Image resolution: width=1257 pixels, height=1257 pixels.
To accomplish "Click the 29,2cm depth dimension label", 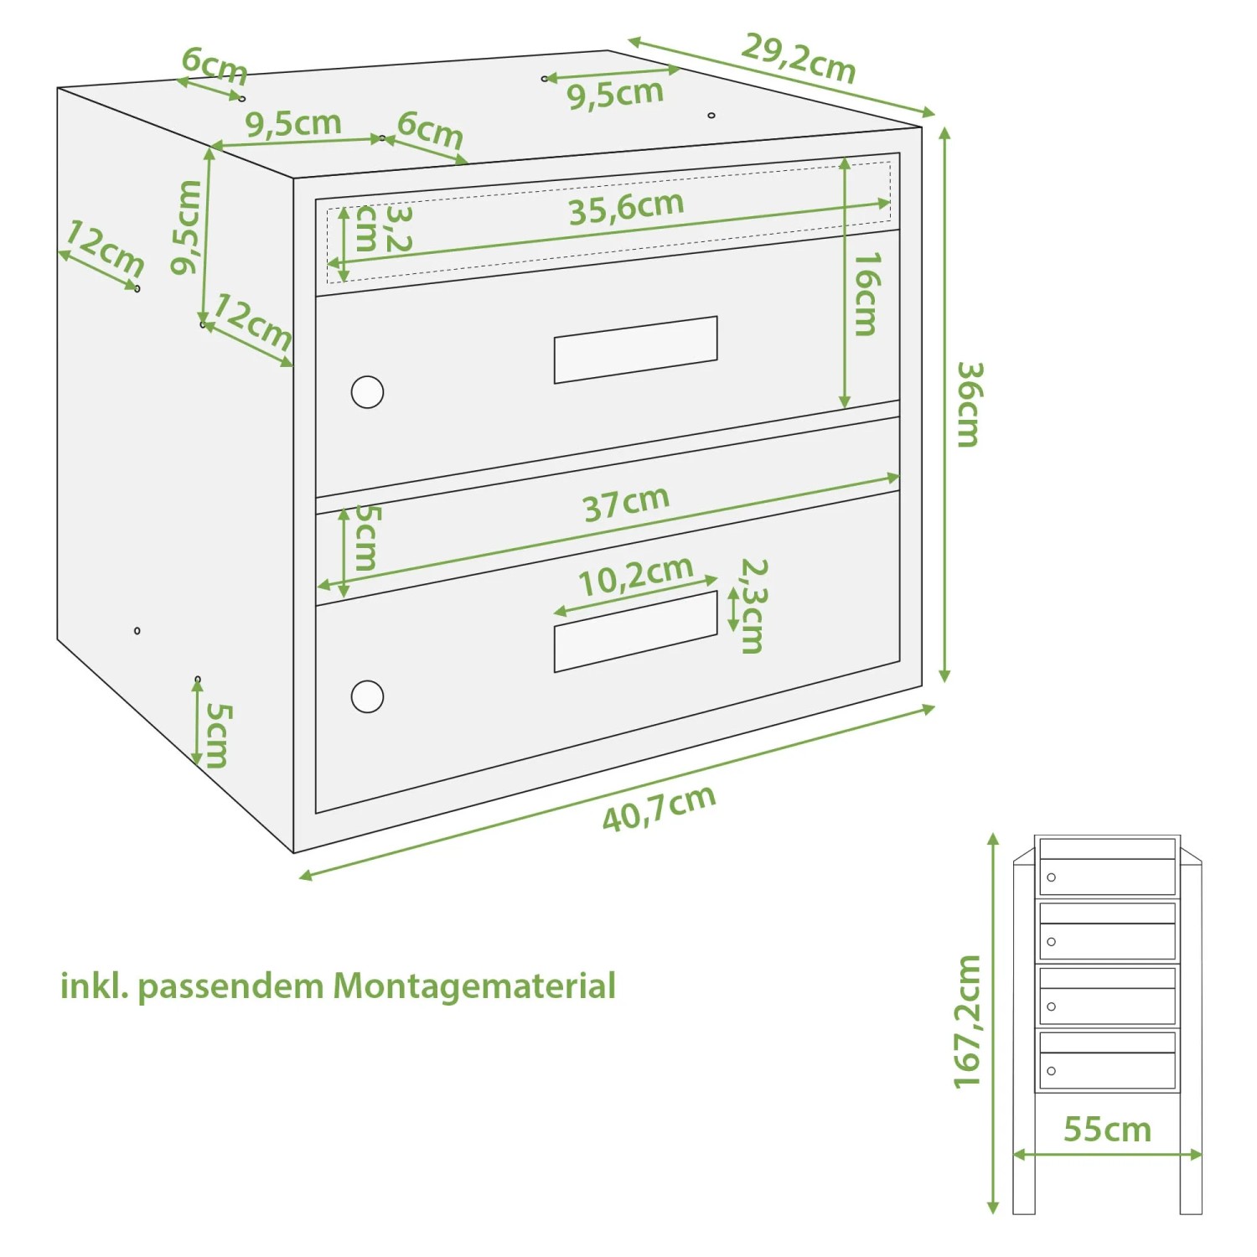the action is click(x=798, y=58).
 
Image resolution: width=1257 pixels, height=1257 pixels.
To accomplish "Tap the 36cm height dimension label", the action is click(x=969, y=405).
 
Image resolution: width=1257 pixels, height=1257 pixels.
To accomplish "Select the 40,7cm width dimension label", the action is click(x=660, y=809).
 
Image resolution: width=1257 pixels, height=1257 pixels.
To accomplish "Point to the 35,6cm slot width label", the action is click(x=626, y=207).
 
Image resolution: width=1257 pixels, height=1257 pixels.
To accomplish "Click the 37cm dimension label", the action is click(x=626, y=503).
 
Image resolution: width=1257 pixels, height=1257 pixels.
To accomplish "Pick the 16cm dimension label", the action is click(x=866, y=293).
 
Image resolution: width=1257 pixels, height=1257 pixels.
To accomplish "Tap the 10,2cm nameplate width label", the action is click(x=635, y=576).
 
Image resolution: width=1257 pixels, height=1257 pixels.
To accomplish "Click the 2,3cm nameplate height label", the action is click(x=752, y=606).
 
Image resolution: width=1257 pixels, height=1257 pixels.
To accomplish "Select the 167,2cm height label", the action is click(x=967, y=1022).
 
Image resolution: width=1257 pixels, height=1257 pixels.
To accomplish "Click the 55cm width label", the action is click(x=1107, y=1130).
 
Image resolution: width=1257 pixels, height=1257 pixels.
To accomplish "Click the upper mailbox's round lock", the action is click(x=367, y=391).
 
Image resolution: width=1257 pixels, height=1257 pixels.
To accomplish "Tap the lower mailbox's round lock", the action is click(x=367, y=696).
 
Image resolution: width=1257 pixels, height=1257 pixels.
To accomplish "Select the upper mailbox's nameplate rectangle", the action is click(x=635, y=349).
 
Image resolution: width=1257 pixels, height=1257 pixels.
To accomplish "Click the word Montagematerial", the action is click(x=474, y=986).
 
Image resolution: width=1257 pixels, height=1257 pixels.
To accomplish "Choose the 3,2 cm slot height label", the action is click(x=382, y=228).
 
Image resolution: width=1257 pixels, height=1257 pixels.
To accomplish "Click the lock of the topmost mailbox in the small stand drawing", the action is click(x=1051, y=877).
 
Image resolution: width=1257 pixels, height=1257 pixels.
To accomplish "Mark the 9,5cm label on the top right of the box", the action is click(x=615, y=94).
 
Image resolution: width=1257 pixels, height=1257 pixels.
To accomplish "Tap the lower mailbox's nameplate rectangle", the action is click(x=635, y=631).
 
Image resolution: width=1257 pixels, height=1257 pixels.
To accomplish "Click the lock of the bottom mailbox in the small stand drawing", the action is click(x=1051, y=1071).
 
